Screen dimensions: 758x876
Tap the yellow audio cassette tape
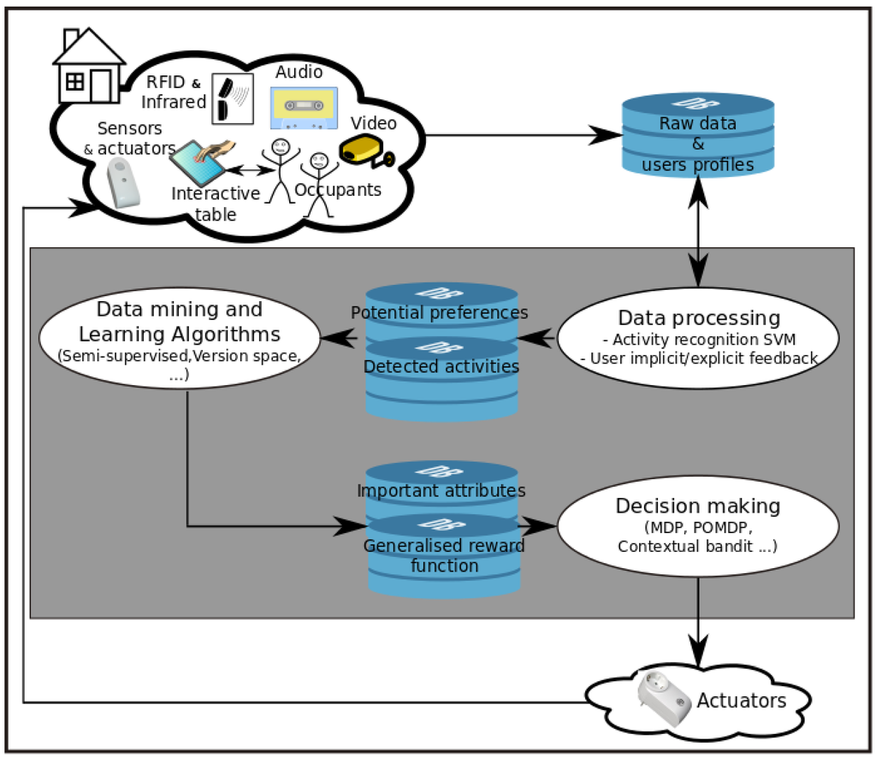pos(304,107)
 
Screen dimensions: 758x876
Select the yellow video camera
pos(365,151)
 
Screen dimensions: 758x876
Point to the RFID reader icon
pos(231,98)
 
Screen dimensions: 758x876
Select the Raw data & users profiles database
pos(698,135)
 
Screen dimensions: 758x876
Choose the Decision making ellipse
pos(697,523)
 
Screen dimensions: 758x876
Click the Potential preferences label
pos(439,312)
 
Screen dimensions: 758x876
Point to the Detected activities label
pos(441,366)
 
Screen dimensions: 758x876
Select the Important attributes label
pos(441,490)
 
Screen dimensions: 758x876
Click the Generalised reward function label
pos(444,555)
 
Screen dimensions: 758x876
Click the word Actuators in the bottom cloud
pos(741,701)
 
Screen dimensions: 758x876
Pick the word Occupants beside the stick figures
pos(339,190)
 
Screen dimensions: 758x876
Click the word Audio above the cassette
pos(299,73)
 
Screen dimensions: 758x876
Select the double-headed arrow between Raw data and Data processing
pos(699,232)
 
